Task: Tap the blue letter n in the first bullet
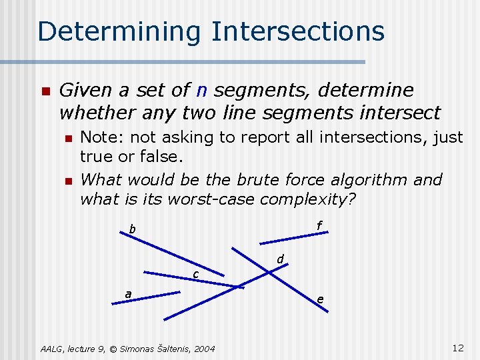click(202, 90)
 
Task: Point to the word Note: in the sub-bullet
click(105, 137)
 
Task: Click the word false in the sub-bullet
click(163, 158)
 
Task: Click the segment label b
click(132, 230)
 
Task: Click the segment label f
click(319, 227)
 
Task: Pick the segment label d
click(281, 259)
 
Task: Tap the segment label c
click(195, 275)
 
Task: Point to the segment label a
click(128, 294)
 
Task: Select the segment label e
click(321, 299)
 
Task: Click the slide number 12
click(457, 348)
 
